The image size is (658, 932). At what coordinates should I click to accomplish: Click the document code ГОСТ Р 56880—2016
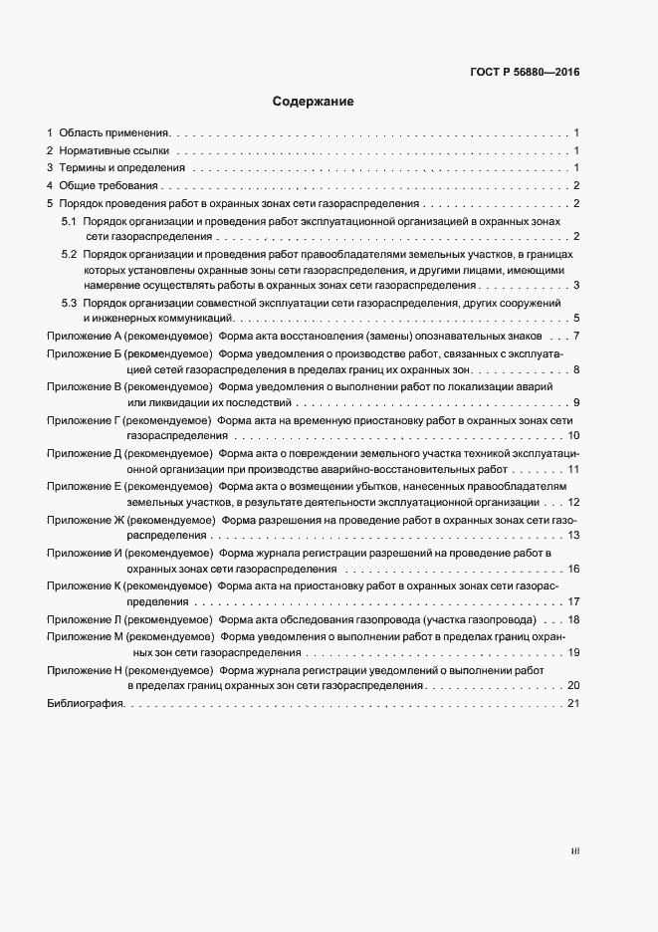tap(524, 72)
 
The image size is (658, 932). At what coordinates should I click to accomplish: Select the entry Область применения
tap(113, 132)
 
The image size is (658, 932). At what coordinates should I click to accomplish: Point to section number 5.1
tap(69, 219)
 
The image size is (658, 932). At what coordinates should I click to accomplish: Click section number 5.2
tap(69, 255)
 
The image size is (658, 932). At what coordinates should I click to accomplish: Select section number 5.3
tap(69, 302)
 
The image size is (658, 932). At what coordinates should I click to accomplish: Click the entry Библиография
tap(85, 704)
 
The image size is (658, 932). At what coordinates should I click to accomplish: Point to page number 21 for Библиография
tap(572, 704)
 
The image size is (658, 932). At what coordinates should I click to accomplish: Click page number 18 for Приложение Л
tap(573, 619)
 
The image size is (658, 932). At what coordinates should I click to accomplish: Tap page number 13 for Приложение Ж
tap(573, 535)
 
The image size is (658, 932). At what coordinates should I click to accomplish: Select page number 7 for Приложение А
tap(576, 335)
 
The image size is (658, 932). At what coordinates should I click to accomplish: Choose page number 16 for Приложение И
tap(573, 568)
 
